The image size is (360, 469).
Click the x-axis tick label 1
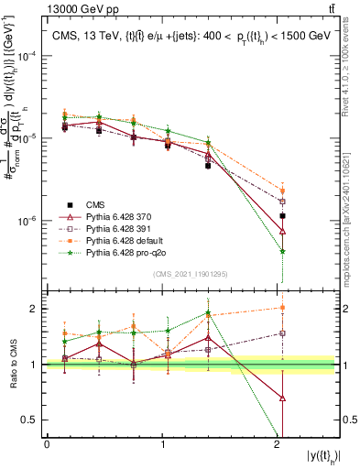(x=163, y=444)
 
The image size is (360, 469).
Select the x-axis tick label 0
(x=47, y=444)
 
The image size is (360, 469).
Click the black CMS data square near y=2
(x=282, y=216)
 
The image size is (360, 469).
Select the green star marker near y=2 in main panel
(x=282, y=251)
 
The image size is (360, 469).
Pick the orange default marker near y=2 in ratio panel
(x=282, y=308)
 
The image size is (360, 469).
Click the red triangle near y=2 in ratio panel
(x=282, y=398)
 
